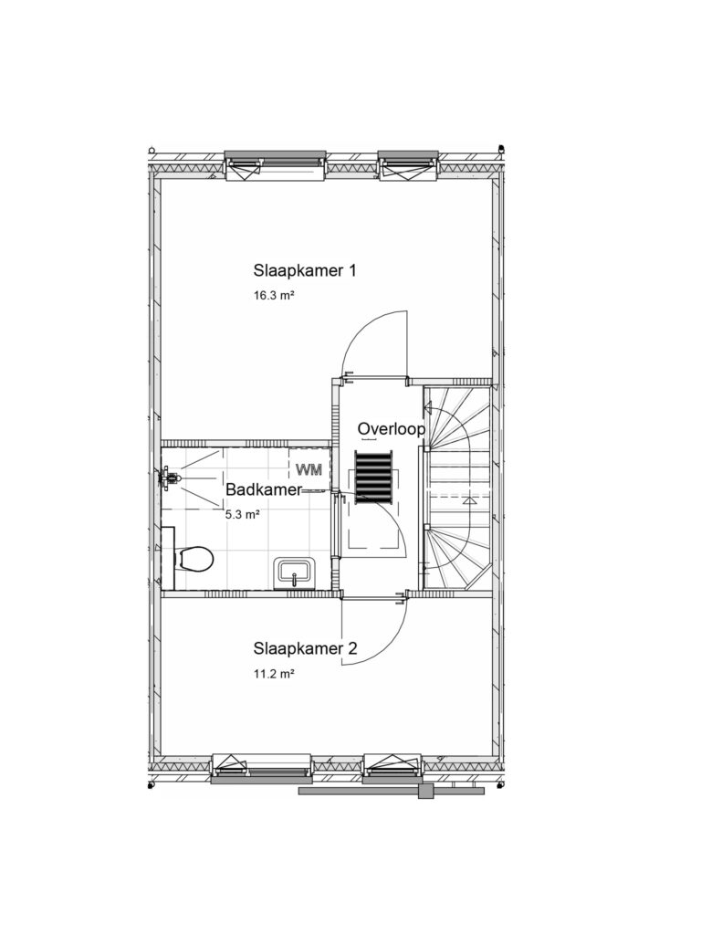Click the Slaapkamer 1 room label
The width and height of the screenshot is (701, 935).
pyautogui.click(x=305, y=270)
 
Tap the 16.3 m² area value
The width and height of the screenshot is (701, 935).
pyautogui.click(x=275, y=295)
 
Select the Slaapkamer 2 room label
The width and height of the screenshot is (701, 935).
pyautogui.click(x=305, y=648)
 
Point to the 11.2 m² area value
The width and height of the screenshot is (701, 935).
pyautogui.click(x=275, y=675)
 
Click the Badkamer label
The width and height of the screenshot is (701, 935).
pyautogui.click(x=264, y=489)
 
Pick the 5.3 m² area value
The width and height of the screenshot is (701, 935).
pyautogui.click(x=242, y=514)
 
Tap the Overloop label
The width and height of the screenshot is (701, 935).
pyautogui.click(x=391, y=429)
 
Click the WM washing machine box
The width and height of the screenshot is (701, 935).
pyautogui.click(x=309, y=469)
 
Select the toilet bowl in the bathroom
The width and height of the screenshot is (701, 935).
pyautogui.click(x=194, y=559)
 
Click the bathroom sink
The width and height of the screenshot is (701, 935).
pyautogui.click(x=294, y=573)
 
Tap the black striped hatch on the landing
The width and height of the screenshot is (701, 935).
pyautogui.click(x=373, y=474)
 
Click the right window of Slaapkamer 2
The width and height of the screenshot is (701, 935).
pyautogui.click(x=393, y=768)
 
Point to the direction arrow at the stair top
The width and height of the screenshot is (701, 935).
pyautogui.click(x=428, y=408)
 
